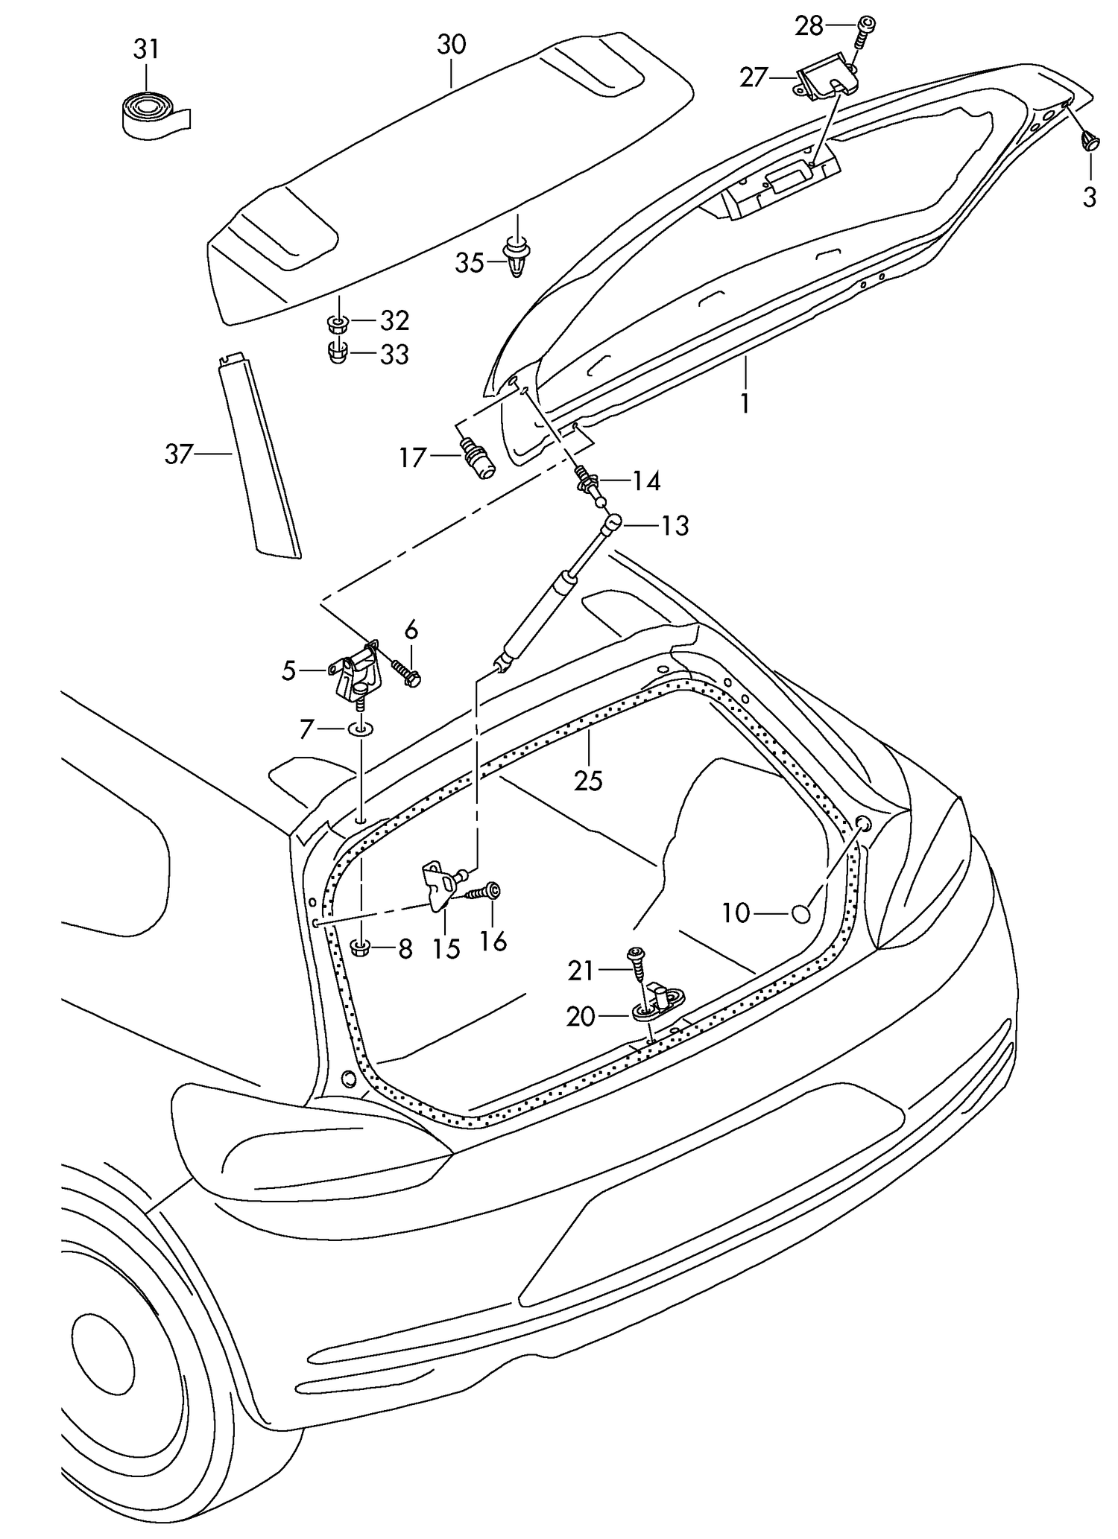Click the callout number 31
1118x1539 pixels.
pos(146,50)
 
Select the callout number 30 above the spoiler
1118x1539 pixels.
pos(452,45)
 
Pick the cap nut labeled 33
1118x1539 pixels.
pos(338,352)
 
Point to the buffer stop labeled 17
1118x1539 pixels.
pos(477,459)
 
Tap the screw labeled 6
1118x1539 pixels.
pos(405,671)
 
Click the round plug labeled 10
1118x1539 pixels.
pos(800,913)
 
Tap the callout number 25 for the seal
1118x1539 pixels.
pos(588,781)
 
